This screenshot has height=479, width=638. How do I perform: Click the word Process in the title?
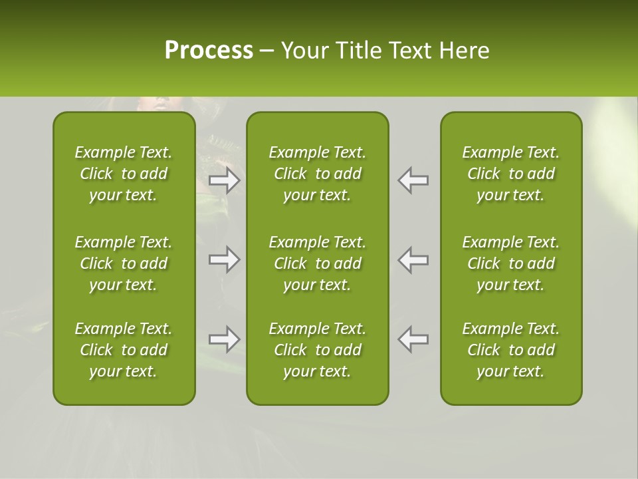pyautogui.click(x=209, y=51)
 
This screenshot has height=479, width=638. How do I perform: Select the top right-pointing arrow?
pyautogui.click(x=225, y=180)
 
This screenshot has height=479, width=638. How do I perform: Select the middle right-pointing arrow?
pyautogui.click(x=225, y=259)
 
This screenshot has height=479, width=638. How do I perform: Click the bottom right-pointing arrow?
pyautogui.click(x=225, y=339)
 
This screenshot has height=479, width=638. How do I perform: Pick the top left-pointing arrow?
pyautogui.click(x=413, y=180)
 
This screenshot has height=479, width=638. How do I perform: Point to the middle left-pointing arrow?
pyautogui.click(x=413, y=259)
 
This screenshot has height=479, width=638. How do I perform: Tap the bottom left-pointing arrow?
pyautogui.click(x=413, y=339)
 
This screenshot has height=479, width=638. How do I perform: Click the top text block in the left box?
pyautogui.click(x=124, y=174)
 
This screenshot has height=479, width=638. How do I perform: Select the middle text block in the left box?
pyautogui.click(x=124, y=263)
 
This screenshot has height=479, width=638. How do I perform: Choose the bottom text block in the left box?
pyautogui.click(x=124, y=350)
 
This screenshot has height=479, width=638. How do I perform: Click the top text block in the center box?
pyautogui.click(x=317, y=174)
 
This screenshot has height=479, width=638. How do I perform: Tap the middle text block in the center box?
pyautogui.click(x=317, y=263)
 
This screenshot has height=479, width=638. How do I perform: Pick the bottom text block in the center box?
pyautogui.click(x=317, y=350)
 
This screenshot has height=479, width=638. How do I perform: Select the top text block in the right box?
pyautogui.click(x=510, y=174)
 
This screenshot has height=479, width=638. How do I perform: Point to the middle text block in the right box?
pyautogui.click(x=510, y=263)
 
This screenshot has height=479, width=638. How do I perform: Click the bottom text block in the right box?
pyautogui.click(x=510, y=350)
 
